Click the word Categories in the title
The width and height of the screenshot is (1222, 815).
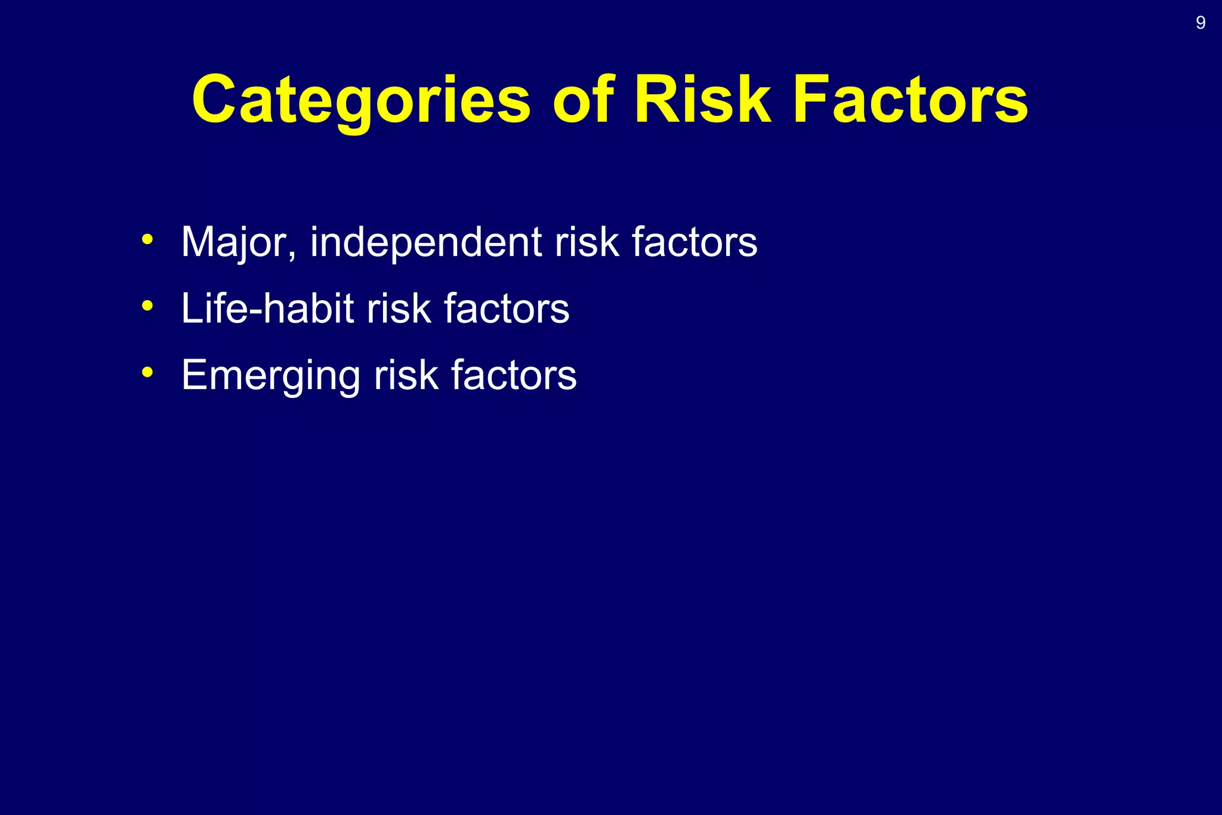(361, 100)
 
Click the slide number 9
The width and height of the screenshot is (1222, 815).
(1201, 23)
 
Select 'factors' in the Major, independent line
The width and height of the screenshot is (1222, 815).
(695, 242)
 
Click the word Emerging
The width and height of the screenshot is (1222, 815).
(270, 375)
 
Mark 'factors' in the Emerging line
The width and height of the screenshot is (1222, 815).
(514, 375)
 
